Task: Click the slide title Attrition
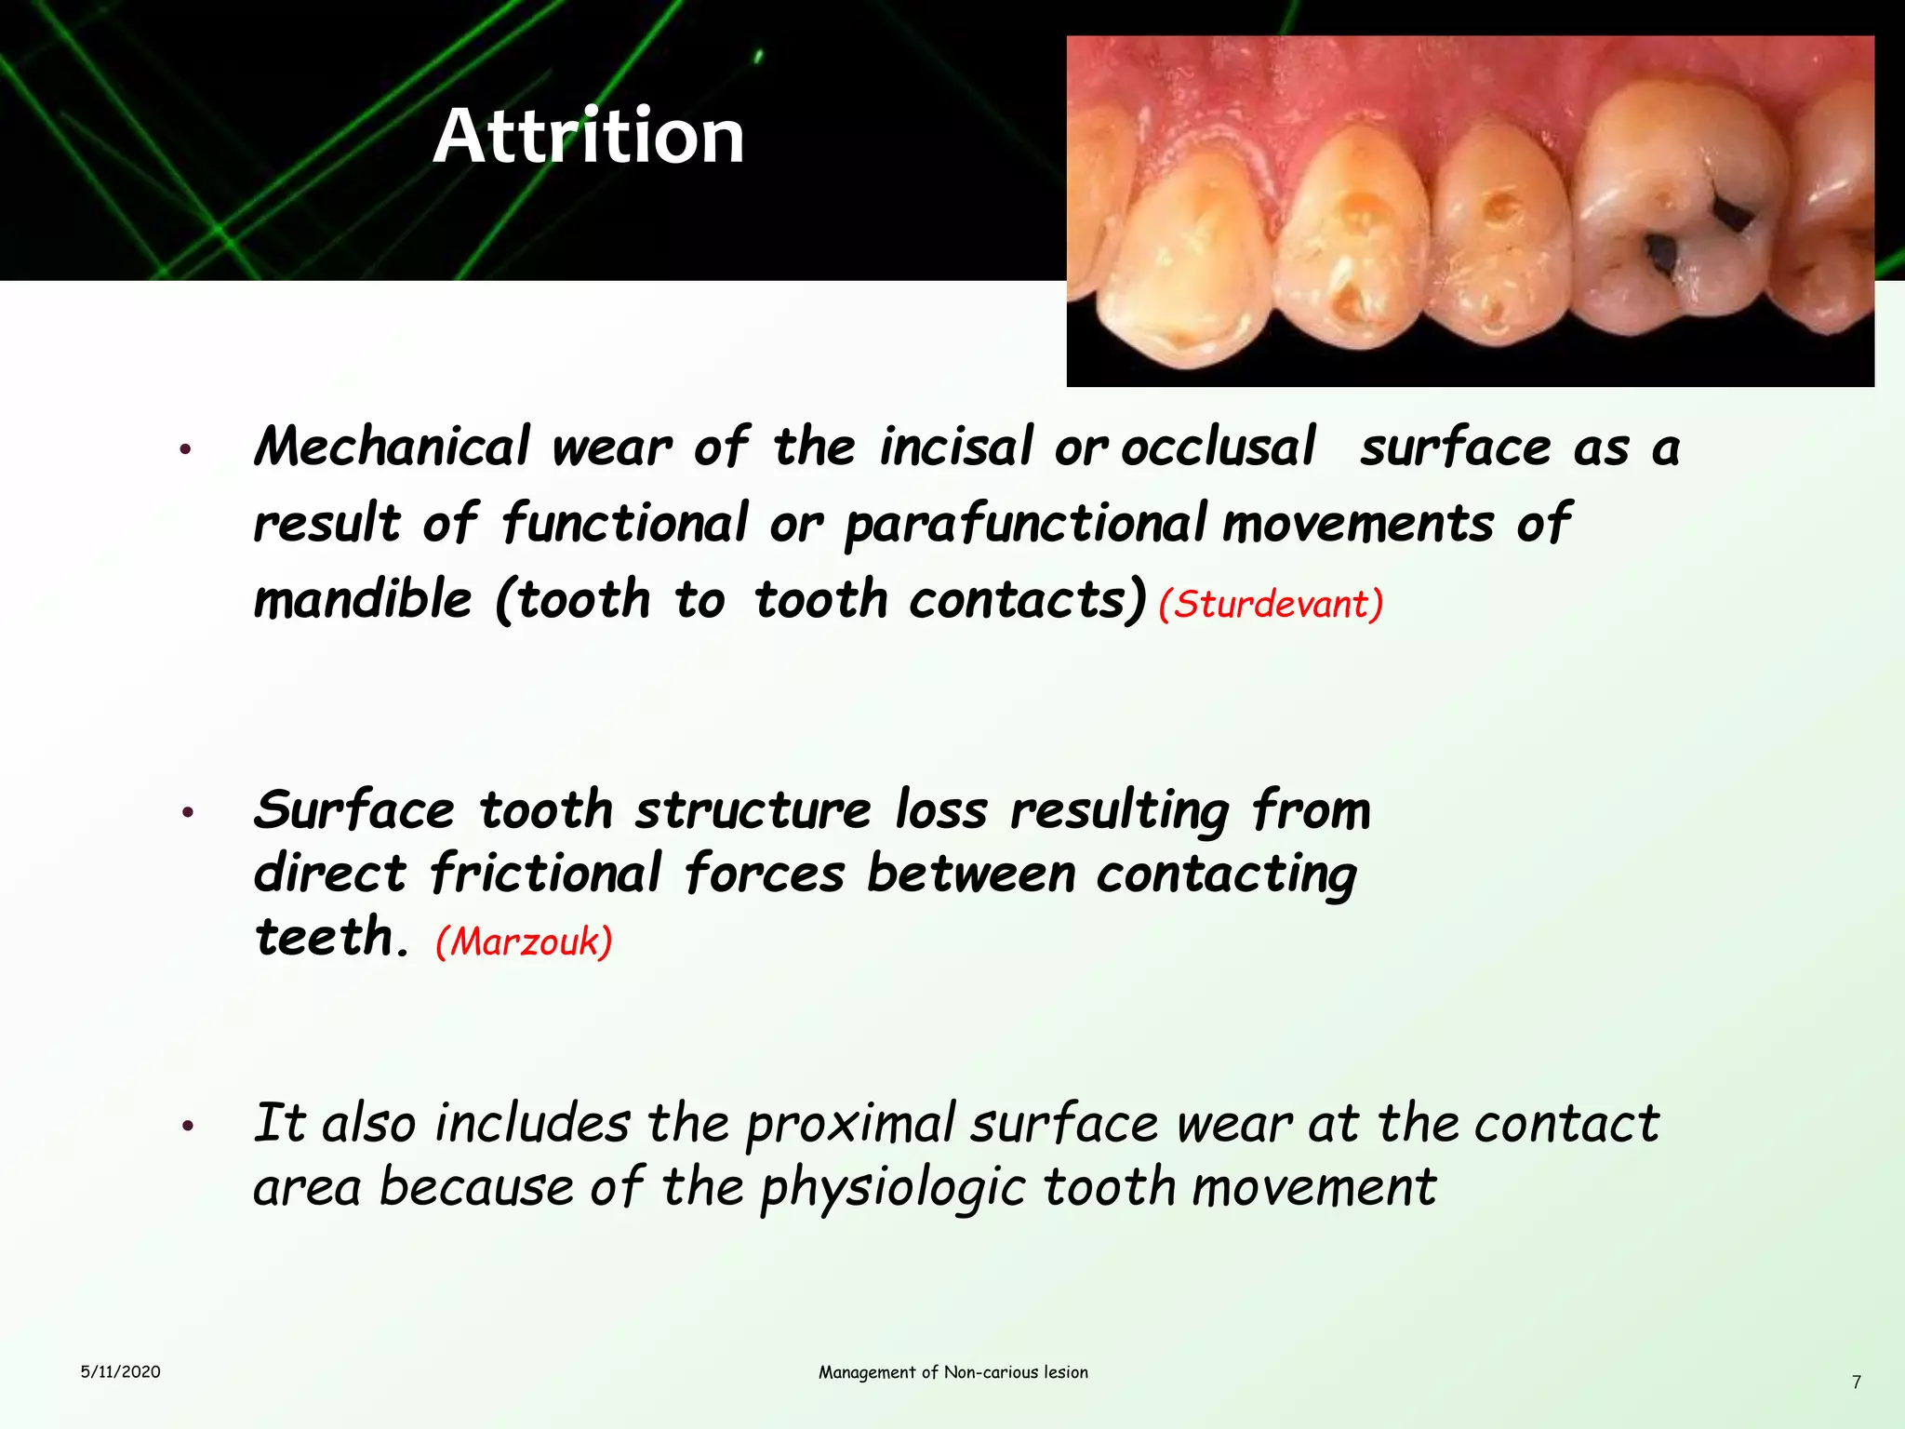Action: tap(589, 137)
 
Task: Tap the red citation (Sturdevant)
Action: tap(1271, 605)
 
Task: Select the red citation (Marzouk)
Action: tap(524, 942)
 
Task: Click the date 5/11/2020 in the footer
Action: tap(120, 1371)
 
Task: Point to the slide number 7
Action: tap(1856, 1382)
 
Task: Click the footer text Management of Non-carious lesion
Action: tap(952, 1372)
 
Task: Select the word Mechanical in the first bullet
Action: tap(392, 447)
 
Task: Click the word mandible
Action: tap(363, 599)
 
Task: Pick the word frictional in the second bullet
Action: tap(546, 874)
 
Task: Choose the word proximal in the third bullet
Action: tap(850, 1124)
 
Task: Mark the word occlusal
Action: tap(1219, 447)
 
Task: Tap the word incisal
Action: tap(956, 447)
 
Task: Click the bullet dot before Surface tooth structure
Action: tap(187, 813)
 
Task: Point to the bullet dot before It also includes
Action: tap(187, 1128)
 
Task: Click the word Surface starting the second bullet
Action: tap(354, 810)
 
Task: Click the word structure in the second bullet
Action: tap(753, 810)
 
